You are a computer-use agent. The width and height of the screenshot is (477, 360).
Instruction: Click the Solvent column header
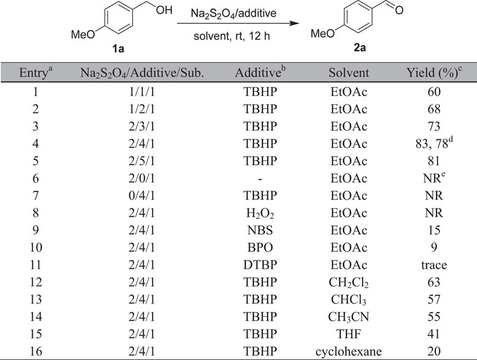[349, 73]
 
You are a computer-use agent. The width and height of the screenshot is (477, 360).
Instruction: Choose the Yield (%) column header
[433, 73]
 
